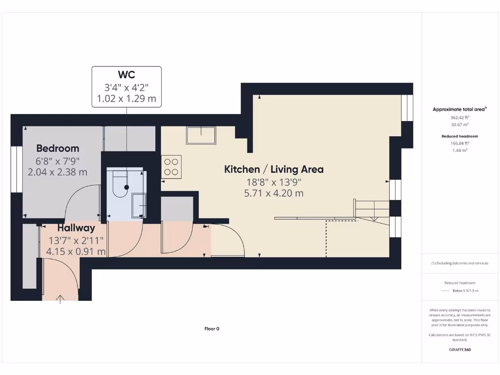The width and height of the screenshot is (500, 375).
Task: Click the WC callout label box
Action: (x=126, y=87)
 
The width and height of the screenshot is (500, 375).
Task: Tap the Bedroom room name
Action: (x=58, y=148)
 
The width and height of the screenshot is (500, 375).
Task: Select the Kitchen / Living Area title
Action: (x=273, y=169)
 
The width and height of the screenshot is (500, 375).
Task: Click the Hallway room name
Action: (x=76, y=228)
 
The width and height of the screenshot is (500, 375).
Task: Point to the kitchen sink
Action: (x=200, y=135)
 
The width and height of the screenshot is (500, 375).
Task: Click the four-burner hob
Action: (x=171, y=167)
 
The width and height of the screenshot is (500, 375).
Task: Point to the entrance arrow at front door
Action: (x=61, y=299)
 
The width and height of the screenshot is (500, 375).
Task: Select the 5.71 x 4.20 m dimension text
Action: (x=273, y=193)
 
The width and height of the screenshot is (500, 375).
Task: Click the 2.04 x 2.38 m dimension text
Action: (x=58, y=172)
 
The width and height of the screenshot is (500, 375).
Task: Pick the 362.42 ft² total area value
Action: (x=459, y=118)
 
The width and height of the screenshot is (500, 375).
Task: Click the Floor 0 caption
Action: (x=211, y=329)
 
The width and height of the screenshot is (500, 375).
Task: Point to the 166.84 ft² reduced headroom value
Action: (x=459, y=144)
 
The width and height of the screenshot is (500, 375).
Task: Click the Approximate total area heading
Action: (x=459, y=109)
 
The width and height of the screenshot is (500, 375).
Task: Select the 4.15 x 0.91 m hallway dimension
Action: (x=76, y=251)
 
